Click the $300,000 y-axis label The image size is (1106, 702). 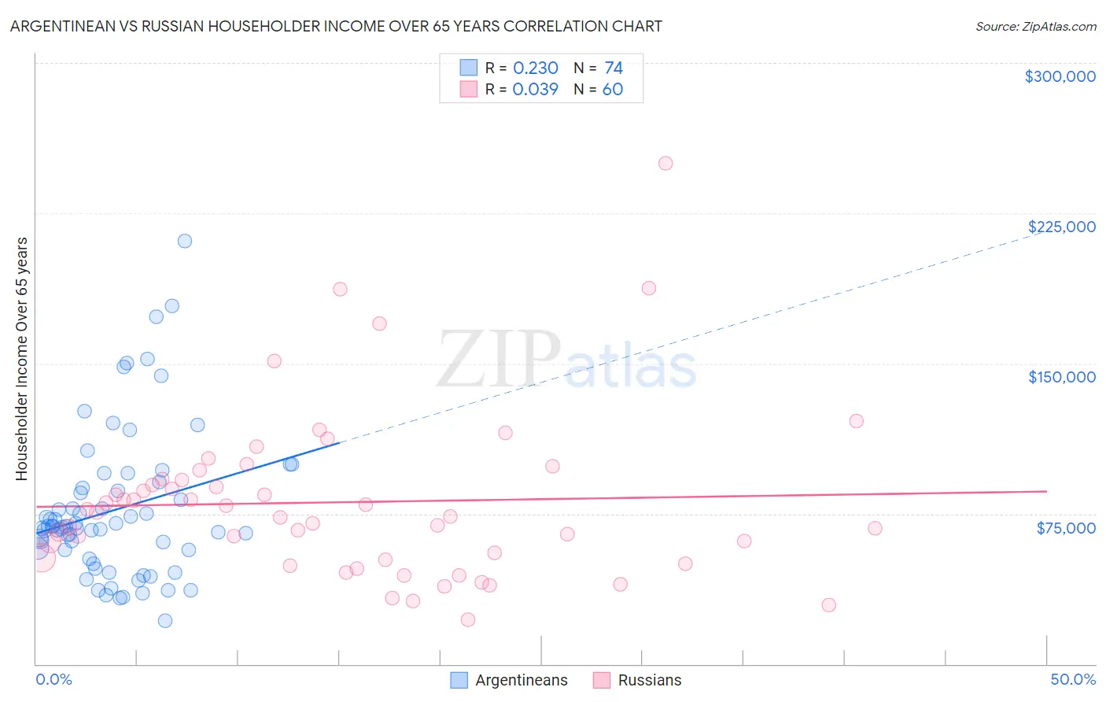click(x=1060, y=76)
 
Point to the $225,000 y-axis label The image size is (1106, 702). click(x=1061, y=227)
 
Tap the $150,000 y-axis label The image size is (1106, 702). click(x=1061, y=377)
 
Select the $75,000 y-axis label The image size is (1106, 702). click(x=1065, y=528)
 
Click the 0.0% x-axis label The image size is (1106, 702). click(x=53, y=679)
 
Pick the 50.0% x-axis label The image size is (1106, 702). click(x=1072, y=679)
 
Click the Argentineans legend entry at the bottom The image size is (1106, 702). click(x=509, y=680)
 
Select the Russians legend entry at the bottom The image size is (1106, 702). click(x=637, y=680)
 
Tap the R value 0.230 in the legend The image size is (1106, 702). click(x=535, y=68)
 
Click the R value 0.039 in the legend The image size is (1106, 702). click(x=535, y=90)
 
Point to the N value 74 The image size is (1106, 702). click(x=613, y=68)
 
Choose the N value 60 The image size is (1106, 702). click(x=612, y=90)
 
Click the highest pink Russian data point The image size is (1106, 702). click(x=665, y=164)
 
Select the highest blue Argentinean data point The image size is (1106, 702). click(x=185, y=241)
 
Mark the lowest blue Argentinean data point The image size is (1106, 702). click(x=165, y=621)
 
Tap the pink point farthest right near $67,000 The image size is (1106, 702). click(x=875, y=528)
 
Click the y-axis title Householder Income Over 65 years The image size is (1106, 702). click(x=22, y=358)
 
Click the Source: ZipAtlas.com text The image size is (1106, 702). click(x=1035, y=27)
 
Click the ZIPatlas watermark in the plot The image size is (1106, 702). click(x=566, y=360)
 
